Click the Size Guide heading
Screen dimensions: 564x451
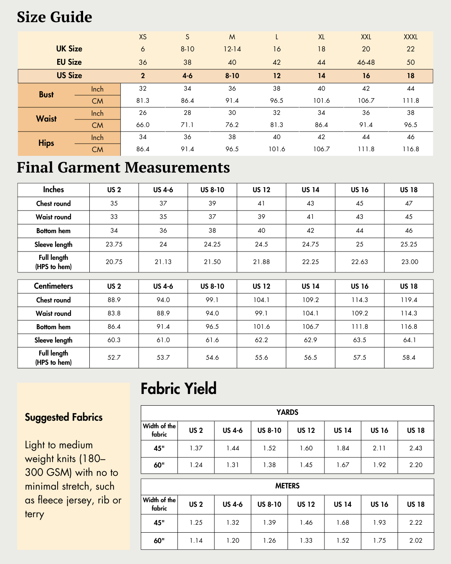click(54, 17)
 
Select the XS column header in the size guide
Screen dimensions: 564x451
click(143, 37)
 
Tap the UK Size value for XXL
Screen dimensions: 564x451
click(366, 49)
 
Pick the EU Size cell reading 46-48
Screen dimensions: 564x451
click(366, 62)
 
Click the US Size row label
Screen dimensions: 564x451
click(69, 76)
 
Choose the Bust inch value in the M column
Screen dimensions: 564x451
click(232, 89)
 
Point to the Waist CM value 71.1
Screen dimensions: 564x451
click(187, 125)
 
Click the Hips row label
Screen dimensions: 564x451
click(46, 143)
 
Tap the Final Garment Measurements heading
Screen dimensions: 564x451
click(123, 168)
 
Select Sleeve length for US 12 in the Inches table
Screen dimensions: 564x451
click(261, 244)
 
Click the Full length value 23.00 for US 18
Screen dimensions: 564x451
click(409, 262)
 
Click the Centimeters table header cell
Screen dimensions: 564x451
click(53, 286)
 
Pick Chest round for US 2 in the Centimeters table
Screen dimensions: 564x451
click(114, 300)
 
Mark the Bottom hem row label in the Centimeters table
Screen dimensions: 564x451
click(53, 327)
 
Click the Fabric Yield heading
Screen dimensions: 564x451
click(179, 389)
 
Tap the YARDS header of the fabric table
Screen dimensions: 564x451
click(287, 412)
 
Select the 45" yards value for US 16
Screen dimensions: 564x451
click(379, 448)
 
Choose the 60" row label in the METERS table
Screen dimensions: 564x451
click(159, 541)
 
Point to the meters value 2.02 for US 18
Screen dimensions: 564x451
click(416, 541)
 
